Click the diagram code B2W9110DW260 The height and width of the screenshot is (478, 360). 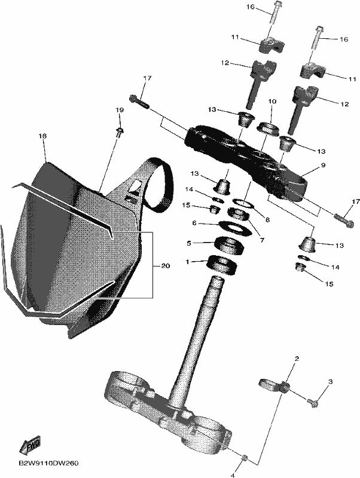coord(48,463)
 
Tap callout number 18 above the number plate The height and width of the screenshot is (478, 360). coord(42,136)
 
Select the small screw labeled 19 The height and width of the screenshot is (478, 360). coord(119,132)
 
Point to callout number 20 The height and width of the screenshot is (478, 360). coord(165,266)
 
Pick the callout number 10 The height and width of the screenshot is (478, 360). coord(272,101)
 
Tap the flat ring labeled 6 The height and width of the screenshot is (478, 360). coord(236,227)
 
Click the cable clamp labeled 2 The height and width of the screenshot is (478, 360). coord(274,385)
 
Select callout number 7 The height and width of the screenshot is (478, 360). coord(262,241)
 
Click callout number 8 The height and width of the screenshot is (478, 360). coord(267,219)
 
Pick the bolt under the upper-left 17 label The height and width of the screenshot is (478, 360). coord(140,102)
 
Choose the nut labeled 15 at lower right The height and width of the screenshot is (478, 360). coord(301,268)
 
